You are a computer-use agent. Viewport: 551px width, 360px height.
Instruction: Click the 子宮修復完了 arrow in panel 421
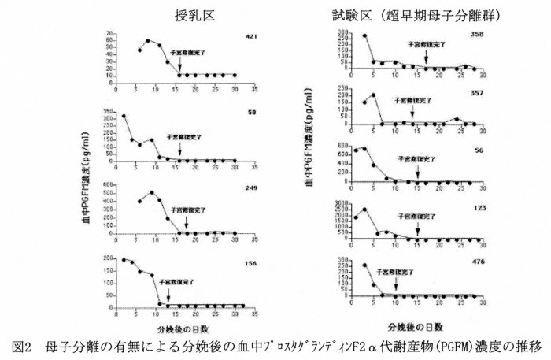pos(179,69)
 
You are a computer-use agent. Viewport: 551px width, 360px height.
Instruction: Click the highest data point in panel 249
pos(151,192)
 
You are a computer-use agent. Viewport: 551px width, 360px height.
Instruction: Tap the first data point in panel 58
pos(124,116)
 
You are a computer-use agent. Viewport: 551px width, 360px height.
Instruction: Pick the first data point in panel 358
pos(342,35)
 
